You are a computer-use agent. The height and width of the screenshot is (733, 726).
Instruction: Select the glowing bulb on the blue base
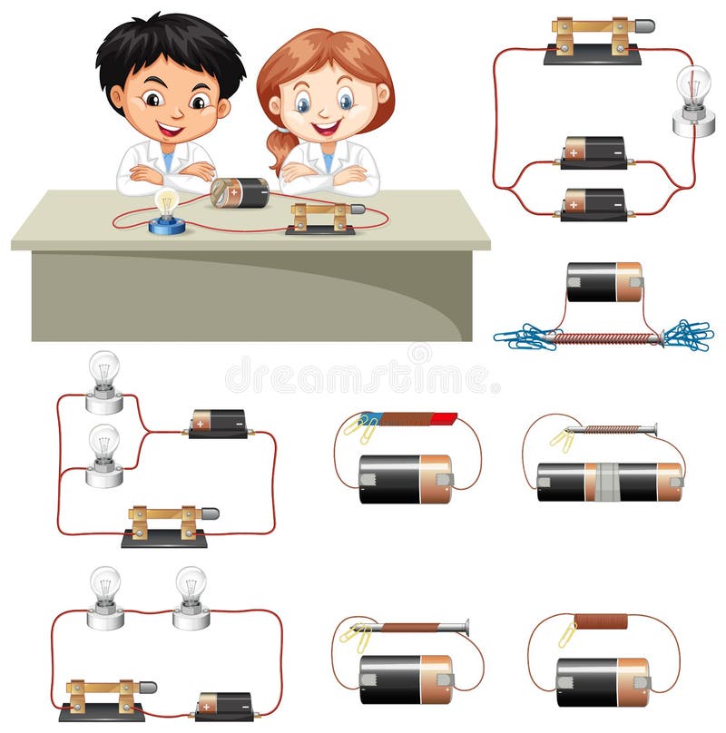click(166, 203)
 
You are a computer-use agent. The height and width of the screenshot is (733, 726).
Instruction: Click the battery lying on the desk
click(240, 192)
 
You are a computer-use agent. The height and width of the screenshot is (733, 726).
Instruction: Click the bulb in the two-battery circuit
click(693, 87)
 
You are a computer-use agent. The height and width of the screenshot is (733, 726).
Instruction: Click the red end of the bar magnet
click(443, 418)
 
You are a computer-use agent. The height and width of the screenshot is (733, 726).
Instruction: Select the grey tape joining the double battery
click(606, 481)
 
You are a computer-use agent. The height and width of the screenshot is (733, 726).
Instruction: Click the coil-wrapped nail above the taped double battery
click(608, 429)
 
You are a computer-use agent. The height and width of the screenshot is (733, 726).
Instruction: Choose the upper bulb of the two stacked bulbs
click(104, 369)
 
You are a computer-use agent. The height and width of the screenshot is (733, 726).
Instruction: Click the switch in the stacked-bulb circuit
click(167, 525)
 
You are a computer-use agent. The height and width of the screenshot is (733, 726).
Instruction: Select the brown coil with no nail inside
click(600, 621)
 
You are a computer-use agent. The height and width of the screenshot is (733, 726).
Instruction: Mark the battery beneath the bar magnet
click(405, 479)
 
